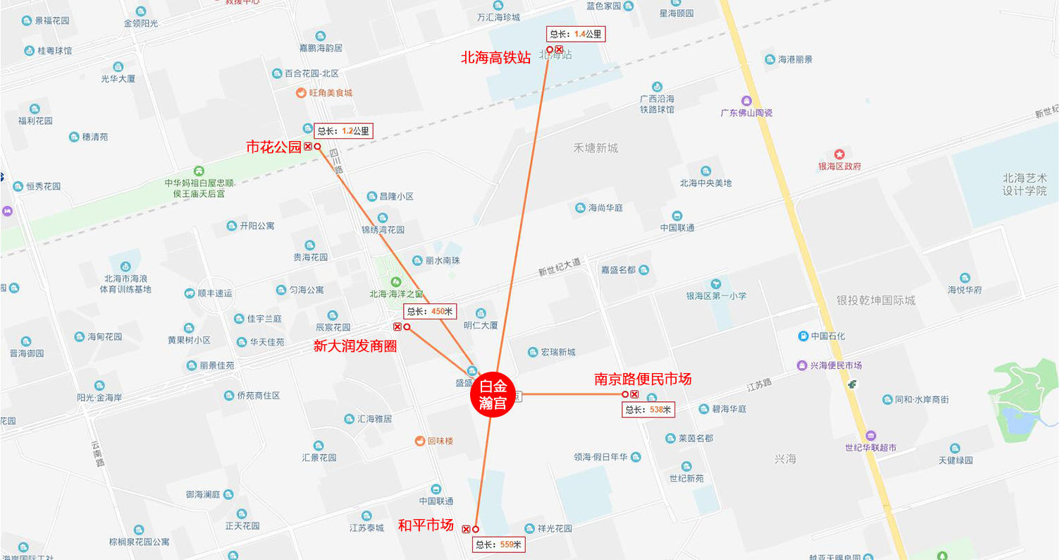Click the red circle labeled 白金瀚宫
[493, 395]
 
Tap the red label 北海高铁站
[495, 58]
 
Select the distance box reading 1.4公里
[576, 34]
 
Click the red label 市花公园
[273, 147]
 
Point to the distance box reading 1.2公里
[343, 130]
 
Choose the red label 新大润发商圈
[355, 346]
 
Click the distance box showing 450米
[431, 311]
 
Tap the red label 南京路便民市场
[643, 379]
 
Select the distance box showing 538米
[648, 410]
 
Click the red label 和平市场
[426, 525]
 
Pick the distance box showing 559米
[498, 544]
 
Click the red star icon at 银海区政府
[839, 154]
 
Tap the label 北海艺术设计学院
[1025, 185]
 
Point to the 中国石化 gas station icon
[803, 336]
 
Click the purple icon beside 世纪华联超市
[870, 435]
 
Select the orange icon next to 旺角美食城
[301, 92]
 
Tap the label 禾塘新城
[595, 148]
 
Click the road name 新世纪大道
[560, 267]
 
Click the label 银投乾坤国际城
[875, 300]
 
